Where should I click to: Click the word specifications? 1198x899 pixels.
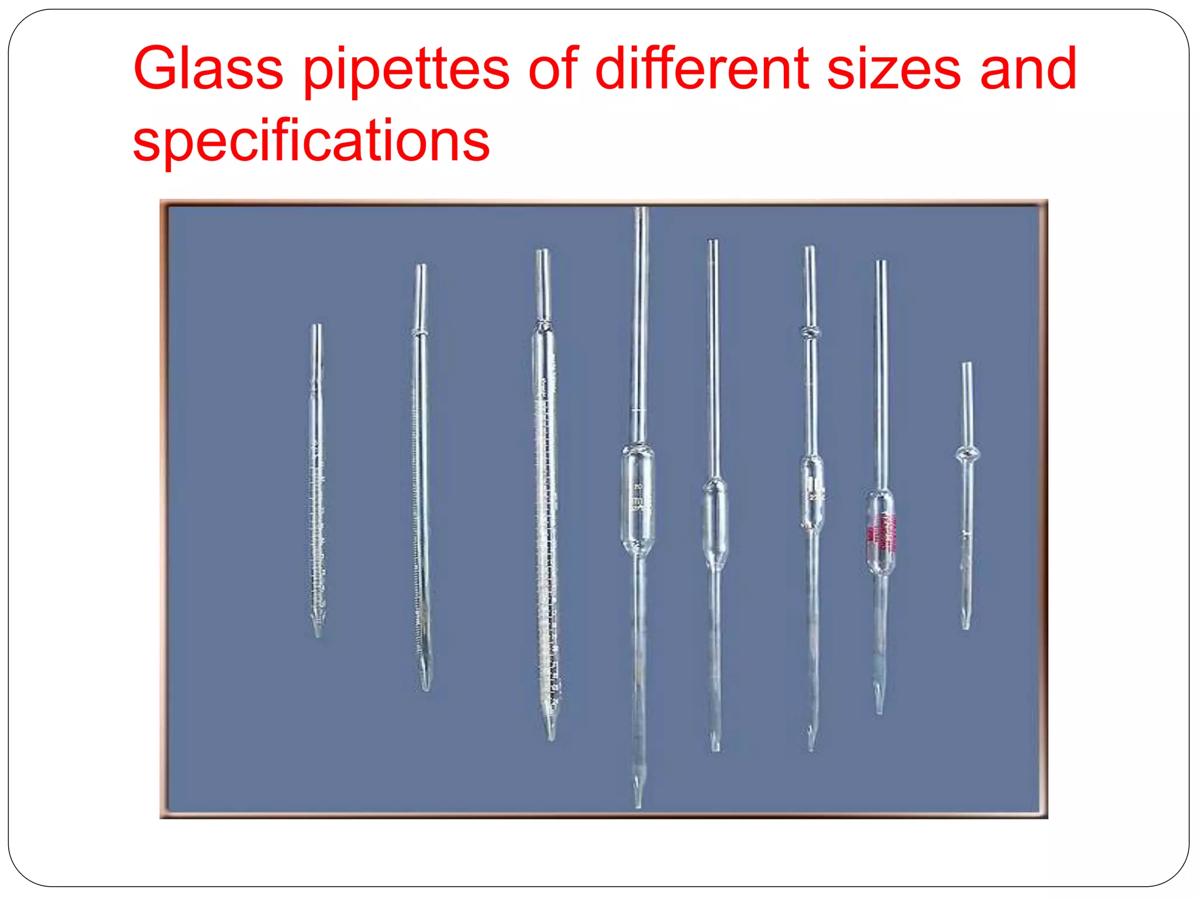point(311,142)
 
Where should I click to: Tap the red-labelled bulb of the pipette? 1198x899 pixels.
point(880,532)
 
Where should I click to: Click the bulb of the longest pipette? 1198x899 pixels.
point(638,501)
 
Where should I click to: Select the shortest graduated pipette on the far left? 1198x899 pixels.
point(317,480)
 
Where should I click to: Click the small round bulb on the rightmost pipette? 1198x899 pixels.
point(967,453)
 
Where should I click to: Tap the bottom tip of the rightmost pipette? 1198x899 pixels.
point(966,626)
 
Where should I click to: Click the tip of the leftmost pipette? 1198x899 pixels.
point(318,632)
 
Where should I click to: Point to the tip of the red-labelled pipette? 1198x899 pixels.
point(879,709)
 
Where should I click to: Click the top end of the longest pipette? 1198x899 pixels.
point(642,211)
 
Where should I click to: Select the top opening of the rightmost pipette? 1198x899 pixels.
point(966,365)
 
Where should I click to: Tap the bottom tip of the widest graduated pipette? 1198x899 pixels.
point(550,736)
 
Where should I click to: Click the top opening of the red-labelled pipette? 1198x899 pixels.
point(881,263)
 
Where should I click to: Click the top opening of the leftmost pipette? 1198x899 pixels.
point(316,327)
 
